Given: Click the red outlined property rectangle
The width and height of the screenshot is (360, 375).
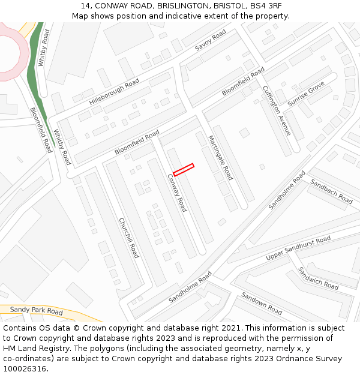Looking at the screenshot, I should tap(184, 170).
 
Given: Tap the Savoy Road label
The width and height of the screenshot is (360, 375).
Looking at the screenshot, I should tap(211, 40).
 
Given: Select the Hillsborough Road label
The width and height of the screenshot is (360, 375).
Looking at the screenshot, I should tap(114, 92).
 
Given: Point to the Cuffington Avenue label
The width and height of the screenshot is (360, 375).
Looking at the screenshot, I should tap(277, 110).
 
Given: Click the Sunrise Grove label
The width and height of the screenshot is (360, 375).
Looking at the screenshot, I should tap(305, 95).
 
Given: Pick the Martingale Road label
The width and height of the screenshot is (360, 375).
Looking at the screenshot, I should tap(220, 157).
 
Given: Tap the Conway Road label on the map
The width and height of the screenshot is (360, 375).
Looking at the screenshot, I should tap(177, 192).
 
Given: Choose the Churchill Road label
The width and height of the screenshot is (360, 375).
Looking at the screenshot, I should tap(128, 238).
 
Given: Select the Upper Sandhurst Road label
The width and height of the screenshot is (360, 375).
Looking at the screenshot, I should tap(298, 248).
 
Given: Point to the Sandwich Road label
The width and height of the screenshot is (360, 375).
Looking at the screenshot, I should tap(319, 278).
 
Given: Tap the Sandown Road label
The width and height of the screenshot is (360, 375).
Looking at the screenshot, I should tap(262, 303).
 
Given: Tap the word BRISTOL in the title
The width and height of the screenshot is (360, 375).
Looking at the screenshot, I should tap(225, 5).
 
